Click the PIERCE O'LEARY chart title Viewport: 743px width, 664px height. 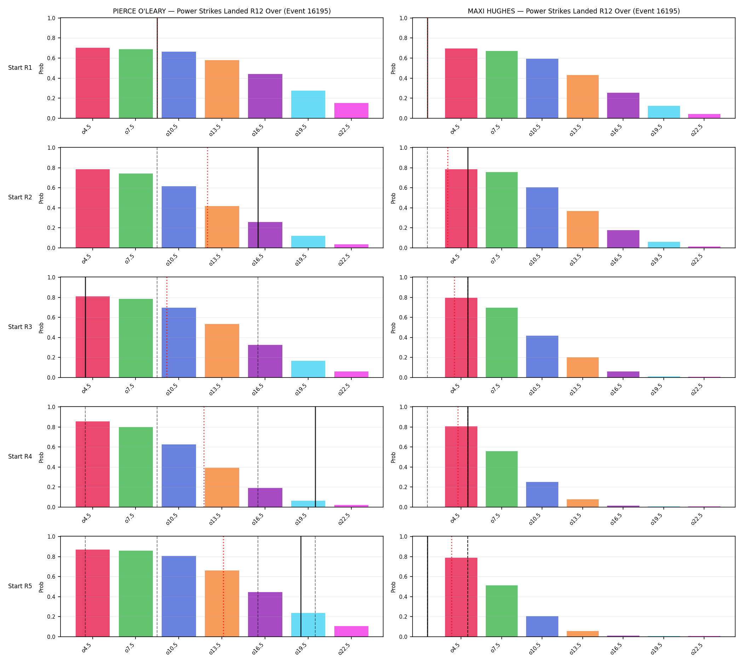[221, 11]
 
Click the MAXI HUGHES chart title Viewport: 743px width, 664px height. [574, 11]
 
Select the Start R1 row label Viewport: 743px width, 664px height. [20, 68]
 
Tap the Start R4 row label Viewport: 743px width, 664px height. [20, 456]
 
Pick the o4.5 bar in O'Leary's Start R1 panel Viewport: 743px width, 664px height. [93, 83]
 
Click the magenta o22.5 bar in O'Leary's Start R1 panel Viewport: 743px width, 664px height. [351, 110]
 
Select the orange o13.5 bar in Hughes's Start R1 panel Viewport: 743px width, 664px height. [583, 97]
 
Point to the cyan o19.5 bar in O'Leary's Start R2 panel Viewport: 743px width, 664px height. [308, 242]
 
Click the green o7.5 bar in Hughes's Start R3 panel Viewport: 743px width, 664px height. [502, 342]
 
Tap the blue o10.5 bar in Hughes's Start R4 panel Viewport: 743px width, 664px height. [542, 495]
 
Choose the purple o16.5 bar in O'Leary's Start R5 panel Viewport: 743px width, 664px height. [265, 614]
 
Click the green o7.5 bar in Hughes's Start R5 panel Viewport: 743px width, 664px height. [502, 611]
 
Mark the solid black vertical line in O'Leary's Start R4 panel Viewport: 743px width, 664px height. [315, 457]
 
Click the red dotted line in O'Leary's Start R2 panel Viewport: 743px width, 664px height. [207, 198]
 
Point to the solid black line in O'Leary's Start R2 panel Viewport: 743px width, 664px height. [258, 198]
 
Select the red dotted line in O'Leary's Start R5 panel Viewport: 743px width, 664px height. [223, 587]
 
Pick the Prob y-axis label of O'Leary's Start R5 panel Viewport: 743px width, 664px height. [41, 587]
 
